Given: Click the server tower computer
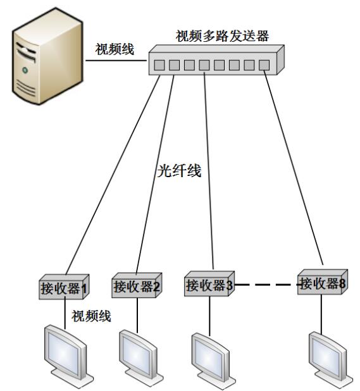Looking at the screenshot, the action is point(47,56).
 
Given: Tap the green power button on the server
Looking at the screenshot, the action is point(25,70).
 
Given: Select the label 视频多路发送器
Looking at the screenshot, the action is point(222,36).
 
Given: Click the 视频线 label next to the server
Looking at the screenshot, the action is point(115,49).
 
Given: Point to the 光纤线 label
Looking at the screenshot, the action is point(179,171).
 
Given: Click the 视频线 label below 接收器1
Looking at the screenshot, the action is point(91,316).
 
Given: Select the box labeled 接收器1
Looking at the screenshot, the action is point(64,287).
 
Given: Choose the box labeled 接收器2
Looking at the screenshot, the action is point(137,285).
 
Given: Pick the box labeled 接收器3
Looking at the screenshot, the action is point(209,283).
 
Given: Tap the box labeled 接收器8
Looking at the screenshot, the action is point(323,282).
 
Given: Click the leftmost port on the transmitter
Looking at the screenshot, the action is point(159,65).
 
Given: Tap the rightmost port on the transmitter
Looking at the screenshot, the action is point(264,65).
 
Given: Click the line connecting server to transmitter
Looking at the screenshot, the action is point(116,60).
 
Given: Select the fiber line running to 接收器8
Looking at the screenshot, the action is point(294,168).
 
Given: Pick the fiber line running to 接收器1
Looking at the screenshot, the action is point(113,175).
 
